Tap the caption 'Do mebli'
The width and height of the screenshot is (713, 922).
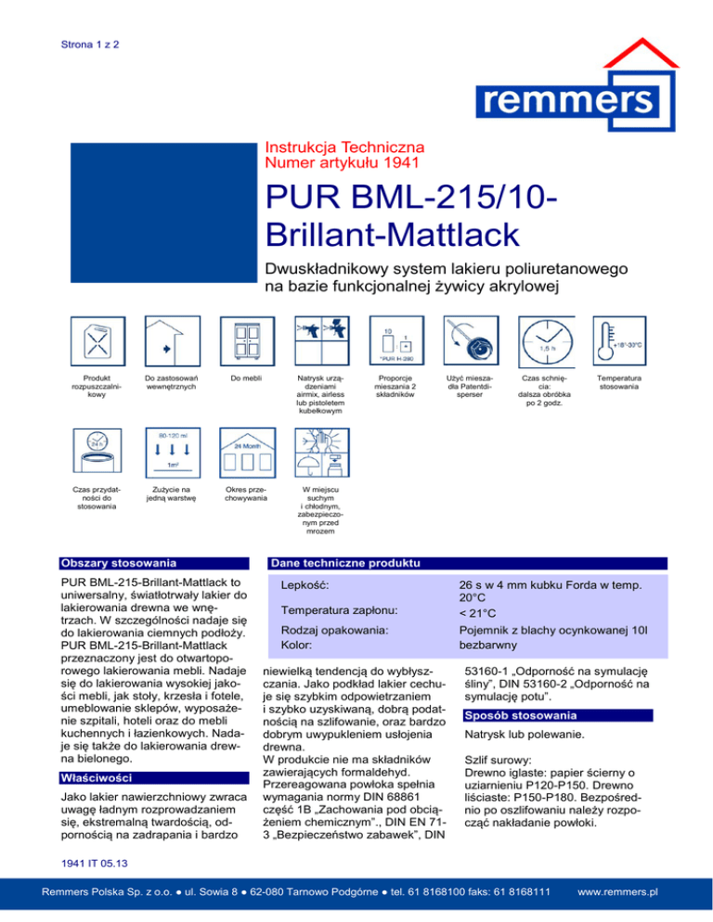coord(246,378)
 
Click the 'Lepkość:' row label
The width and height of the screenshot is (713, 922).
coord(307,586)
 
